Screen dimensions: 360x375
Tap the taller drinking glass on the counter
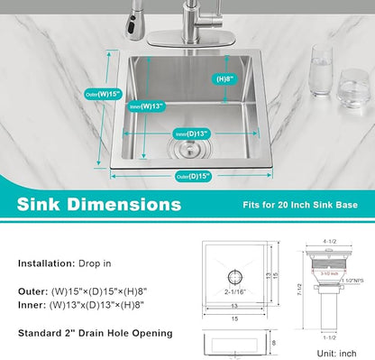coord(322,68)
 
